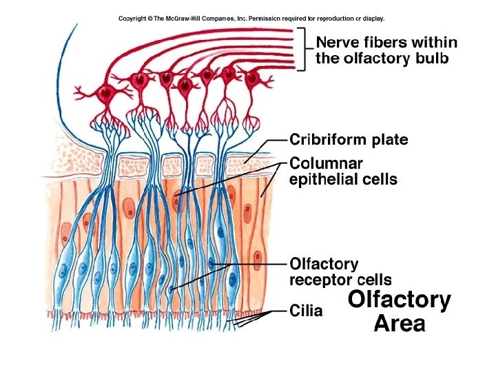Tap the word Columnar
coord(326,163)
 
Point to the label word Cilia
coord(306,311)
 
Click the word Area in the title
coord(400,323)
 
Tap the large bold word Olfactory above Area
coord(400,300)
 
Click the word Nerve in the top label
coord(335,42)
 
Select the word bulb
coord(432,59)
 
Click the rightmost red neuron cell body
coord(251,78)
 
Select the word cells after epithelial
coord(381,180)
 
